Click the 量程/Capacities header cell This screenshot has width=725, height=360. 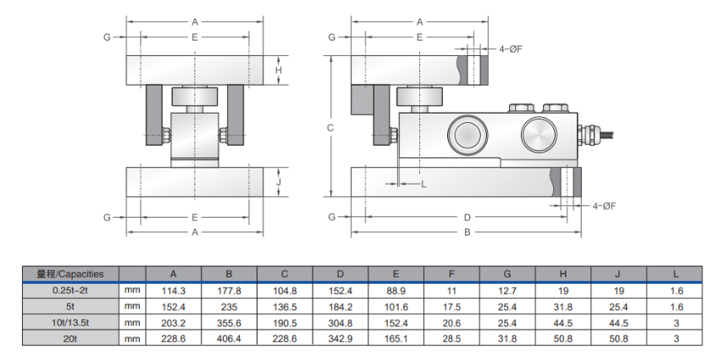(x=70, y=274)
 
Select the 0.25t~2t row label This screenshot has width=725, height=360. (x=70, y=290)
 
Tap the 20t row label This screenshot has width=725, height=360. (x=70, y=338)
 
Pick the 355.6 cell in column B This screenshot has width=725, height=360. (x=230, y=322)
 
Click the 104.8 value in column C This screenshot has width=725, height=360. (x=285, y=290)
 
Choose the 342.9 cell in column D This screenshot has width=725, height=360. (x=340, y=338)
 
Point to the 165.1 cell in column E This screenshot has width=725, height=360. (x=396, y=338)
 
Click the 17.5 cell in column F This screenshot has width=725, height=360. (x=451, y=306)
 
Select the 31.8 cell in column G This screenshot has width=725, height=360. (x=506, y=338)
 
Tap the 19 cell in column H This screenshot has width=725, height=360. (x=562, y=290)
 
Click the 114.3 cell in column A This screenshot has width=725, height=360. (x=174, y=290)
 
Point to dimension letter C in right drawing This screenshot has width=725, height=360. (x=330, y=128)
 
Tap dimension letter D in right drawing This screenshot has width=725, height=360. (x=467, y=217)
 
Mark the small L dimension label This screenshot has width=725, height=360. (x=423, y=184)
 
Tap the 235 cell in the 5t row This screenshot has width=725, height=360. (x=230, y=306)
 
